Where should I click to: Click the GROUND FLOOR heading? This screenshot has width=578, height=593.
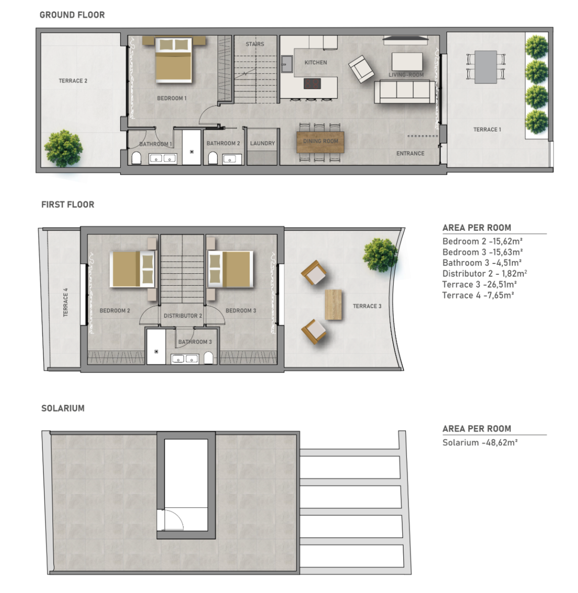(x=72, y=15)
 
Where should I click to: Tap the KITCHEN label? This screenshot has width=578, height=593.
(x=315, y=62)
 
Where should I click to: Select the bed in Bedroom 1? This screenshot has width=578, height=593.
(x=174, y=60)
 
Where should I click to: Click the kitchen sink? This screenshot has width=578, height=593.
(x=287, y=64)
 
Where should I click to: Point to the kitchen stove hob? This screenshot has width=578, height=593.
(x=312, y=84)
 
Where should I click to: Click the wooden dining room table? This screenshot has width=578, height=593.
(x=320, y=142)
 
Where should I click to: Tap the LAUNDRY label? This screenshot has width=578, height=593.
(x=262, y=143)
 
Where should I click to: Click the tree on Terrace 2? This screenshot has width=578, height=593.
(x=63, y=149)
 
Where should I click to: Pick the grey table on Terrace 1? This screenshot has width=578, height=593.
(x=486, y=67)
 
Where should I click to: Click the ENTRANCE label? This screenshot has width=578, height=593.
(x=410, y=153)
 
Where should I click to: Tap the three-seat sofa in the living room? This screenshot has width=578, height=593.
(x=404, y=92)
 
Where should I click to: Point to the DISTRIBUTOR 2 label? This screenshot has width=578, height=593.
(x=182, y=316)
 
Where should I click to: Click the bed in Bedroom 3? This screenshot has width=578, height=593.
(x=230, y=269)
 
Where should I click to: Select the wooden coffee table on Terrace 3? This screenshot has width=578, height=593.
(x=333, y=305)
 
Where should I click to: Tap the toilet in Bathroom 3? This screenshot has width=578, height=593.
(x=208, y=358)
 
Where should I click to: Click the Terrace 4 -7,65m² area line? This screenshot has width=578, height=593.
(x=478, y=296)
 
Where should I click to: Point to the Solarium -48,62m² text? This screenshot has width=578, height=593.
(x=480, y=442)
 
